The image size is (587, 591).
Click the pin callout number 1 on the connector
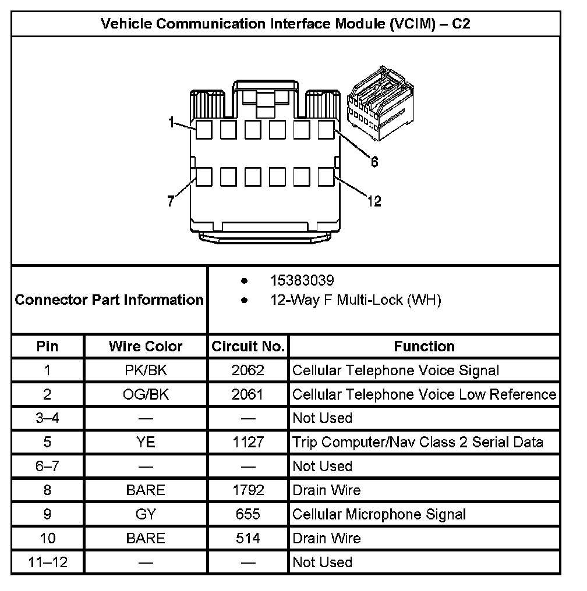click(171, 122)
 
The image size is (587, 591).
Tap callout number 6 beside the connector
click(374, 162)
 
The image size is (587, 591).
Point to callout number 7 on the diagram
click(171, 202)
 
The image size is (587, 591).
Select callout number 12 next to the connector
click(374, 202)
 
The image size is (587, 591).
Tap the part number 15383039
click(302, 281)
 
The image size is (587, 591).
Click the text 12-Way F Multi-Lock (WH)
click(355, 300)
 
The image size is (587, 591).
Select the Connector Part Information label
click(109, 300)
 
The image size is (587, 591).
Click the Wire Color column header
click(146, 347)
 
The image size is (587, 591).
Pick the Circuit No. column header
click(248, 347)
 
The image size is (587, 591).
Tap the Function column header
click(424, 347)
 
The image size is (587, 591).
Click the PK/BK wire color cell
click(146, 371)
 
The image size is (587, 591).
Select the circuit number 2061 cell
click(247, 394)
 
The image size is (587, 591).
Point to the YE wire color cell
click(146, 442)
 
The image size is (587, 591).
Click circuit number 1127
click(247, 442)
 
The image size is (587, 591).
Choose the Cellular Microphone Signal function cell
click(379, 514)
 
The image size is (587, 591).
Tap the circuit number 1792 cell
click(247, 490)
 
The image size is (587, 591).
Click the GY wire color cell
click(146, 514)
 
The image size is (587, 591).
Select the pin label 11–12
click(47, 562)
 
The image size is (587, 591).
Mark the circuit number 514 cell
click(247, 538)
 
